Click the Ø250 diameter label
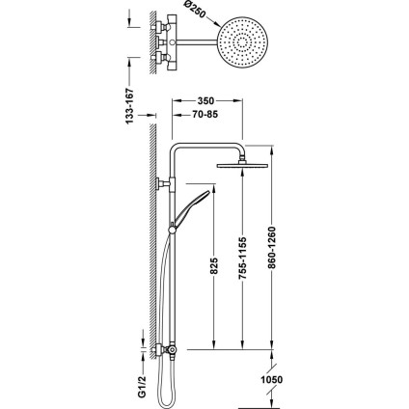click(x=195, y=12)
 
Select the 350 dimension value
click(x=205, y=101)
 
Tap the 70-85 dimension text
click(x=205, y=114)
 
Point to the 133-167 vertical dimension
click(x=129, y=106)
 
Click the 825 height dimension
click(x=214, y=265)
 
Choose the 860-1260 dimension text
click(x=272, y=248)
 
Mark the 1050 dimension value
click(x=272, y=380)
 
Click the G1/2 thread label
click(x=143, y=387)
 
